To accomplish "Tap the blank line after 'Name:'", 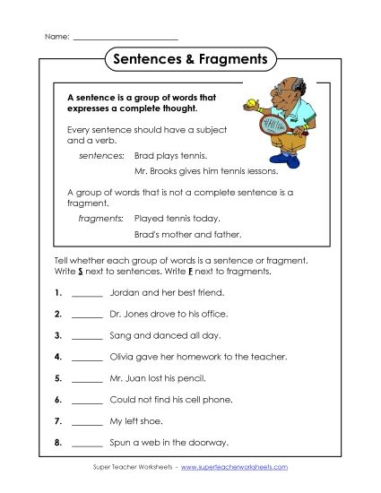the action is click(x=125, y=38).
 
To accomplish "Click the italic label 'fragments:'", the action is click(x=100, y=218).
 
